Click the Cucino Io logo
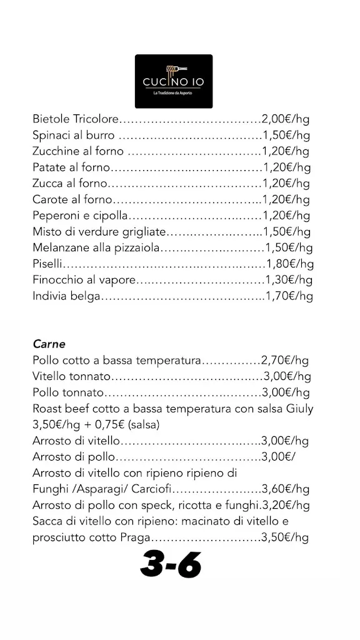(x=173, y=81)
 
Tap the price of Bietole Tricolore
(x=286, y=119)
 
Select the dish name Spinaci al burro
(x=73, y=135)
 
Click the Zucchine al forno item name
(x=78, y=151)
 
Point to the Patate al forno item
(x=71, y=167)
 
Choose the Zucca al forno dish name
(x=70, y=184)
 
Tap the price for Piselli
(x=289, y=263)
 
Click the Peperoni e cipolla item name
(x=80, y=216)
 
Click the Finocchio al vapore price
(x=288, y=279)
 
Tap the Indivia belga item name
(x=66, y=296)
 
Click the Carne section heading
(x=49, y=344)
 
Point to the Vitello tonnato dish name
(x=71, y=376)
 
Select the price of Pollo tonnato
(x=286, y=392)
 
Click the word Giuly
(x=297, y=409)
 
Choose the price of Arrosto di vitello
(x=285, y=441)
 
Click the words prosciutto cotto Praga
(x=92, y=537)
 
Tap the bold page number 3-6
(x=170, y=566)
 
